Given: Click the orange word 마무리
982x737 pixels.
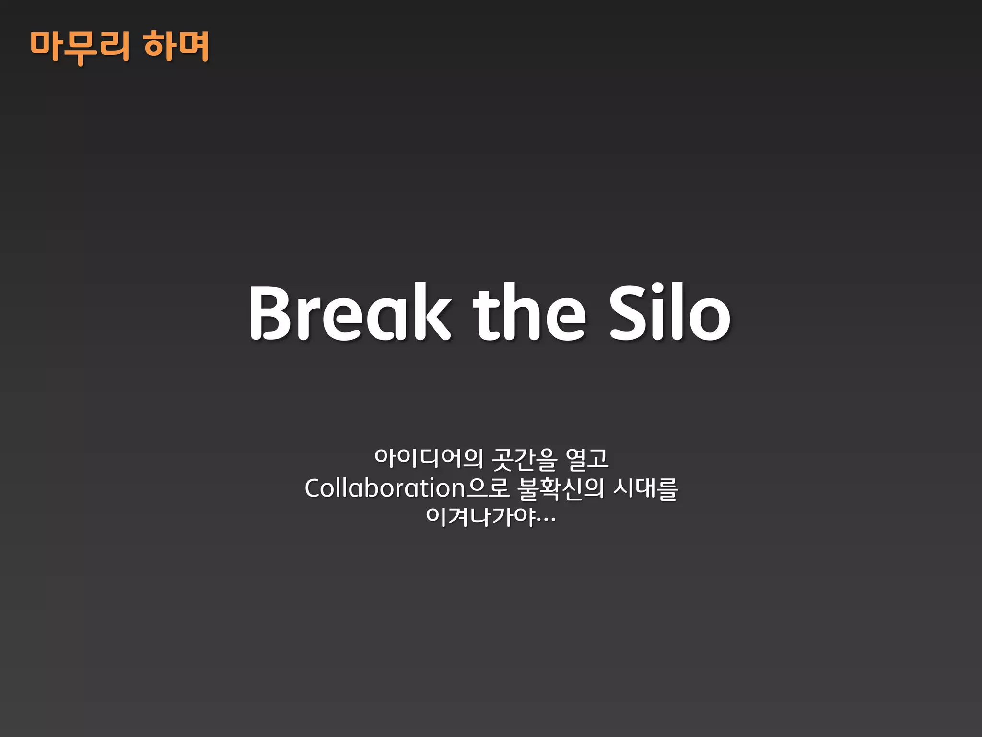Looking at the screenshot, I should point(80,47).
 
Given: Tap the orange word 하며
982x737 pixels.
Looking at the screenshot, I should point(176,47).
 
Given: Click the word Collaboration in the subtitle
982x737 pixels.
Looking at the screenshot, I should point(385,488).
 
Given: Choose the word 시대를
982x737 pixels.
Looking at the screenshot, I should point(646,489).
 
